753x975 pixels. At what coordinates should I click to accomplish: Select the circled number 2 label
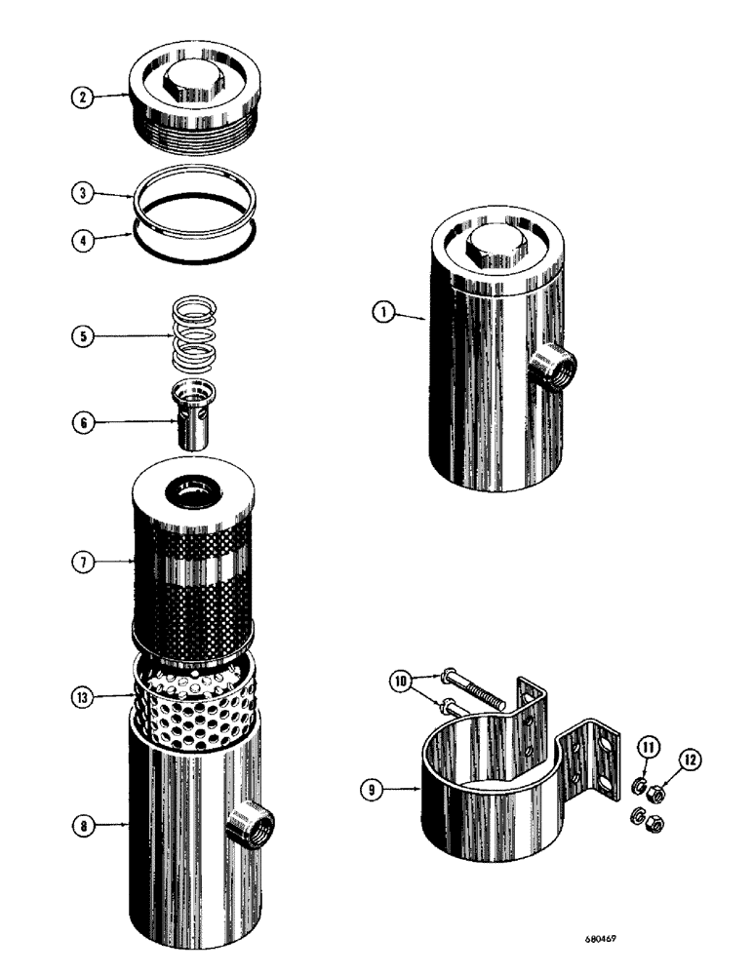pyautogui.click(x=87, y=98)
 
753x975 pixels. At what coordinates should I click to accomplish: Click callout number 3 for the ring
pyautogui.click(x=87, y=194)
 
